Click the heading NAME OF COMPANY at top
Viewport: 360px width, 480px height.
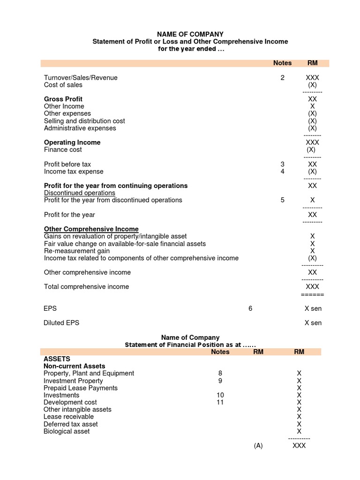click(x=190, y=34)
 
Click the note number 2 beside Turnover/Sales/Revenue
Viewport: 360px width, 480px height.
click(x=282, y=78)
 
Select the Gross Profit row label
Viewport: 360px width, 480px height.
click(x=63, y=99)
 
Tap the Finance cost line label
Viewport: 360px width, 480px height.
click(x=63, y=150)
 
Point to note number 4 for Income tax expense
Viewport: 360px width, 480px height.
click(x=282, y=172)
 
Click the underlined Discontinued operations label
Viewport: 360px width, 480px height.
click(x=80, y=193)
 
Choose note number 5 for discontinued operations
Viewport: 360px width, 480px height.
click(x=282, y=200)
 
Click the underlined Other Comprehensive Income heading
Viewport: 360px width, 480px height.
click(x=91, y=229)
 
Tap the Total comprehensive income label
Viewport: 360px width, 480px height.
click(x=86, y=287)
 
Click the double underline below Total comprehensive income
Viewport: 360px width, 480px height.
click(x=312, y=294)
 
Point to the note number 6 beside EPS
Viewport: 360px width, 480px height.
click(x=250, y=309)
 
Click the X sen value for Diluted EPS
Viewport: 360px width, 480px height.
click(x=313, y=323)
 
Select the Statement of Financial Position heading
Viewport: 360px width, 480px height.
click(x=190, y=345)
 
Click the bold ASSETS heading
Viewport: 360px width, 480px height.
click(x=57, y=359)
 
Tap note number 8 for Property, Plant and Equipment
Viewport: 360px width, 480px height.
click(x=220, y=374)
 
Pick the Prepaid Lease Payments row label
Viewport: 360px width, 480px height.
click(x=81, y=388)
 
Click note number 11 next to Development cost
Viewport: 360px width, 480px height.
click(x=220, y=402)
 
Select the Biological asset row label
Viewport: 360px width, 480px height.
click(x=67, y=431)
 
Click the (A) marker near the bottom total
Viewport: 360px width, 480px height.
click(x=258, y=446)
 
